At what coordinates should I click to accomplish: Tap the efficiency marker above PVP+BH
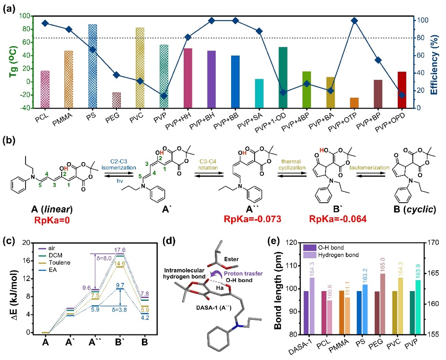click(x=211, y=21)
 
